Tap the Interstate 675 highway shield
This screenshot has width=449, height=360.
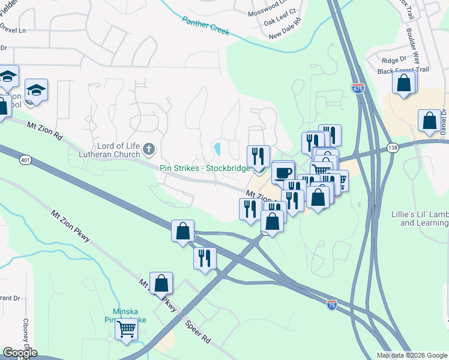point(358,88)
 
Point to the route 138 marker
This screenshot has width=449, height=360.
point(393,147)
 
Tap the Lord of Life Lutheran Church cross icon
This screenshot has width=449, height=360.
point(149,148)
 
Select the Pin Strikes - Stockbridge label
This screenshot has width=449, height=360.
point(205,168)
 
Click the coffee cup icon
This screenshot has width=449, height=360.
point(283,172)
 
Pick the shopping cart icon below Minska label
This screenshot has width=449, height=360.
point(126,329)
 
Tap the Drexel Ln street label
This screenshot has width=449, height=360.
point(13,29)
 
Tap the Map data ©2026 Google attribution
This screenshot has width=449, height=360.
point(411,355)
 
